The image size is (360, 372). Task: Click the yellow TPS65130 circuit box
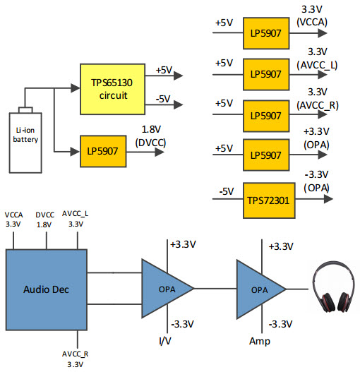112,89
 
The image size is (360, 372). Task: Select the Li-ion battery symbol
25,140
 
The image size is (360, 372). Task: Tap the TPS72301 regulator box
269,200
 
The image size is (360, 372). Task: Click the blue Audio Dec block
47,289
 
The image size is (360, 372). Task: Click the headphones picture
333,287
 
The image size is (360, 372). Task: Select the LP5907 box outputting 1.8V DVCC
103,151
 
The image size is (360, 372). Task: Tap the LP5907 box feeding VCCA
266,33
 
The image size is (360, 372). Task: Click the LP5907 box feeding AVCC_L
266,75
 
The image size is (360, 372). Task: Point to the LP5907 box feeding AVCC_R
266,116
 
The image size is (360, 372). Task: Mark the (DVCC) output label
150,143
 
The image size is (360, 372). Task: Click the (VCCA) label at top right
312,22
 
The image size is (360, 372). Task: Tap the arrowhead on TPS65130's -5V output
179,104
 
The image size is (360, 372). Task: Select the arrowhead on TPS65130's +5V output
179,76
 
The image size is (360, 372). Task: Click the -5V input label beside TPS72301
227,191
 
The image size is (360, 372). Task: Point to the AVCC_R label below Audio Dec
75,354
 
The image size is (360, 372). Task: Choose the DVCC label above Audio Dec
45,215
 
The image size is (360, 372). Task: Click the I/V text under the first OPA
164,341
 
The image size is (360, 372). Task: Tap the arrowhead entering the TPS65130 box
76,88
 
